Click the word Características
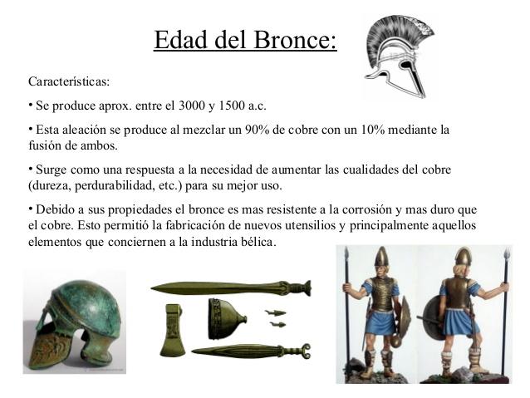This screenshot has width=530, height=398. (x=68, y=83)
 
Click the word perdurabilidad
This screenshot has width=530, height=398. (x=116, y=184)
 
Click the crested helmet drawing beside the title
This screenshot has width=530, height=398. (x=395, y=57)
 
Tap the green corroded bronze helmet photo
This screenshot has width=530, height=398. (x=74, y=320)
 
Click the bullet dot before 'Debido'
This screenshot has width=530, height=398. (x=31, y=207)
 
